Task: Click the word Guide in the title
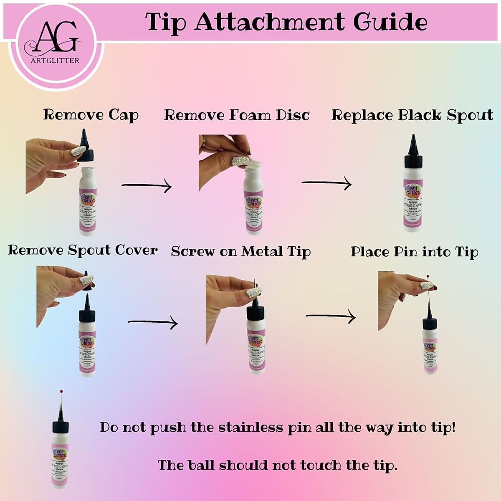click(390, 22)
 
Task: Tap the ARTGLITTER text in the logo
click(55, 60)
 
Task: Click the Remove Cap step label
click(91, 115)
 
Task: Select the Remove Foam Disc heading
click(237, 115)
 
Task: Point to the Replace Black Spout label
click(412, 115)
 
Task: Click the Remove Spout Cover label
click(83, 250)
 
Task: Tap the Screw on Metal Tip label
click(241, 251)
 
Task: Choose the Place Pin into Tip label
click(414, 252)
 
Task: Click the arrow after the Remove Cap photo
click(147, 185)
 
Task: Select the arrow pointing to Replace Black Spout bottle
click(326, 183)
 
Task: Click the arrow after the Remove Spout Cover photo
click(152, 322)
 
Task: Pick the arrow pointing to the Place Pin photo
click(330, 316)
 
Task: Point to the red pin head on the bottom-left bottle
click(61, 391)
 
